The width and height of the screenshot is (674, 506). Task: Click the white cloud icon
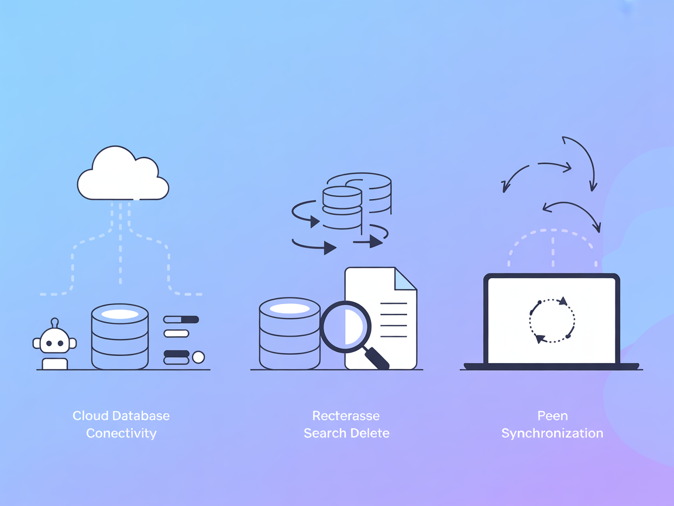click(x=123, y=175)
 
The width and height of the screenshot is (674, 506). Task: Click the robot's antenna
click(x=54, y=322)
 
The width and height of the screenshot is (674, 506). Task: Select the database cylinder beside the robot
click(x=120, y=337)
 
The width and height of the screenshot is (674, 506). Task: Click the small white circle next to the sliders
click(x=198, y=357)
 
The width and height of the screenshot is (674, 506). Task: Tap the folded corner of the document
click(x=405, y=279)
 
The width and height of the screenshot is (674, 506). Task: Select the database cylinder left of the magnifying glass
click(x=289, y=334)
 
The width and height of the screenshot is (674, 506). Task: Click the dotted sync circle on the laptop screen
click(x=552, y=320)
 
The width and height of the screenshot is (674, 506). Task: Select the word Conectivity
click(x=121, y=433)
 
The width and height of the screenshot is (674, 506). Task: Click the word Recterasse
click(x=346, y=416)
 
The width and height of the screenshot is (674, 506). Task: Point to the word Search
click(x=323, y=433)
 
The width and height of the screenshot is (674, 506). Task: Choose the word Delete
click(x=368, y=433)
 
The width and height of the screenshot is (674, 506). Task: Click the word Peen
click(x=552, y=416)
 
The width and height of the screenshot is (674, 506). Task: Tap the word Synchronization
click(x=552, y=433)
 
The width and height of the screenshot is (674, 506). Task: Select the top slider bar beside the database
click(x=181, y=320)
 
